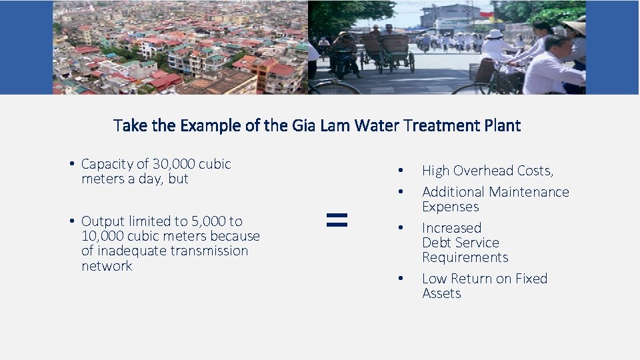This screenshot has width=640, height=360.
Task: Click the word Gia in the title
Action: point(303,125)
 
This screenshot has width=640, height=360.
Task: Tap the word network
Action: point(107,266)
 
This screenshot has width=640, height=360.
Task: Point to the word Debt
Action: point(437,243)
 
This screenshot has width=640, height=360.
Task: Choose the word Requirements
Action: point(465,257)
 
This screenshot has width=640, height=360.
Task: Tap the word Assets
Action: point(441,293)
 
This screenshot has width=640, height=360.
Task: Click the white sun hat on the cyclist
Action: point(495,34)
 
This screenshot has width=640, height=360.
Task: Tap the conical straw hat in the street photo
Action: point(575,26)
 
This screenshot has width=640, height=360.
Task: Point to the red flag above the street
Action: point(487,13)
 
